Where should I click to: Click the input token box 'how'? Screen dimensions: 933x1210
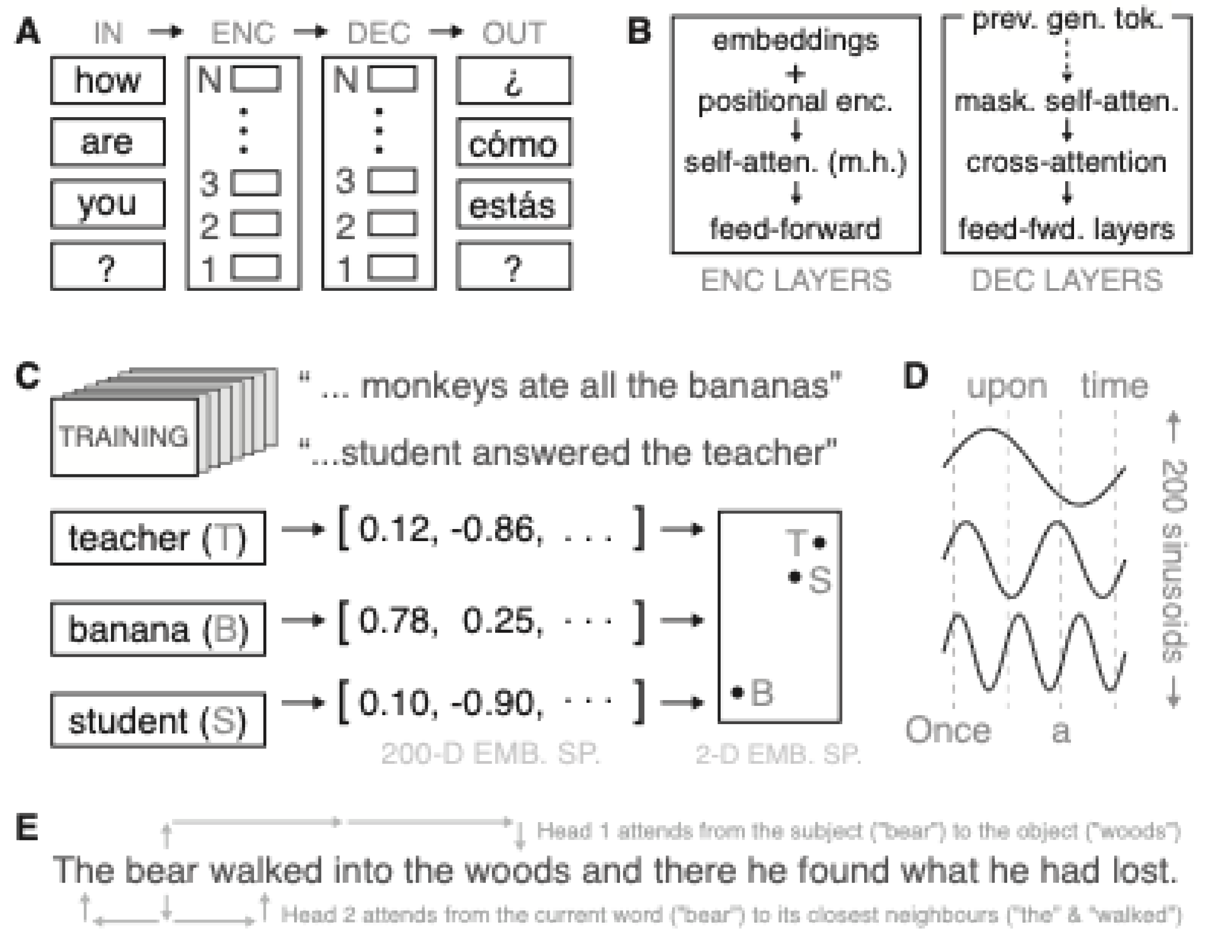coord(107,80)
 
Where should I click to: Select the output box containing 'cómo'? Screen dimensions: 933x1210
coord(513,143)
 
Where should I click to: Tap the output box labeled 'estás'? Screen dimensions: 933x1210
coord(513,204)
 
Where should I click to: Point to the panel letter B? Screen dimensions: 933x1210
coord(639,32)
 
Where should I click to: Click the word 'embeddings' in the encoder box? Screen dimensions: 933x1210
coord(796,41)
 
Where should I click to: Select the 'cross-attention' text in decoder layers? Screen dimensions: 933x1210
coord(1066,162)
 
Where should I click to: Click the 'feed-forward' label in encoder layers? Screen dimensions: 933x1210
coord(796,228)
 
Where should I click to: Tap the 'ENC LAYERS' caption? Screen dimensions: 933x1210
coord(796,280)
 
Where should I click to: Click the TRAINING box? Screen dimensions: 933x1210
coord(124,437)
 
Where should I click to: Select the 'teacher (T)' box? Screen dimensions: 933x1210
coord(158,538)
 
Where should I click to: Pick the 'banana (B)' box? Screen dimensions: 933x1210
coord(158,629)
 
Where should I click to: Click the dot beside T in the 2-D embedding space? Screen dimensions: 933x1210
coord(820,542)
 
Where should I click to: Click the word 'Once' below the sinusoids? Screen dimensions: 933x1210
coord(948,730)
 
